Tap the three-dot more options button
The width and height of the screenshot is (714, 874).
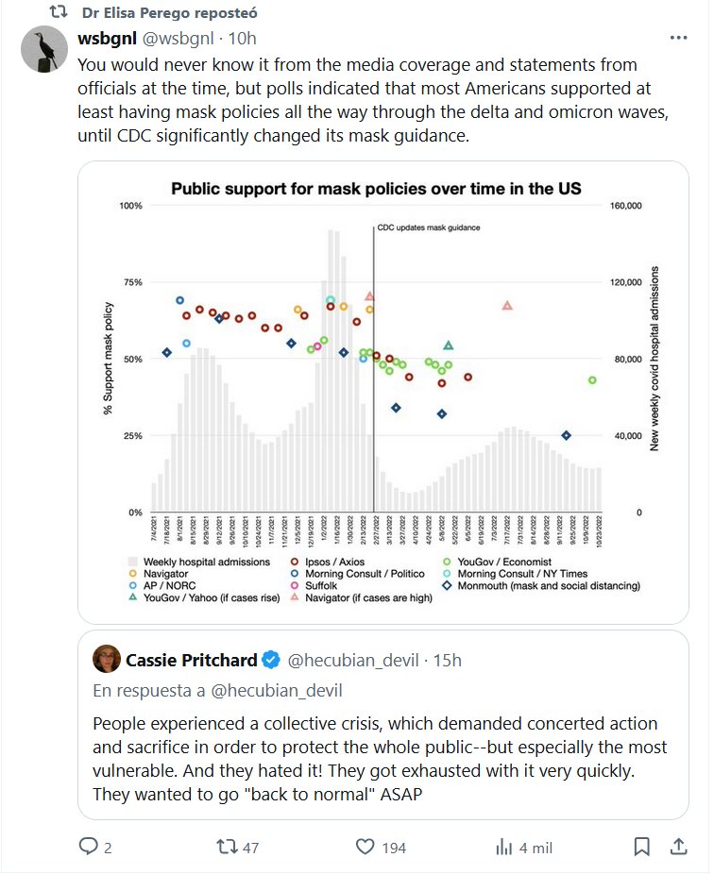(x=678, y=39)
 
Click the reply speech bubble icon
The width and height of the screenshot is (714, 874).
(x=89, y=847)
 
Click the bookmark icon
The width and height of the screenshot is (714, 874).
(x=641, y=847)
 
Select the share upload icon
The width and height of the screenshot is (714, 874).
(x=678, y=847)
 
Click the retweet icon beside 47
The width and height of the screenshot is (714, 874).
(x=228, y=847)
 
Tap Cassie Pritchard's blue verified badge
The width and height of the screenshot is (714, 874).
(x=270, y=658)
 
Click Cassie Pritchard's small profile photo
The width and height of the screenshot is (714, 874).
(x=106, y=658)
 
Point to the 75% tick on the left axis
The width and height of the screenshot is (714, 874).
(x=129, y=282)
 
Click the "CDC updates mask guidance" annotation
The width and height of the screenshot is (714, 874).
(x=429, y=227)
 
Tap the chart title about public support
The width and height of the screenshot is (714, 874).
(x=375, y=189)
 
